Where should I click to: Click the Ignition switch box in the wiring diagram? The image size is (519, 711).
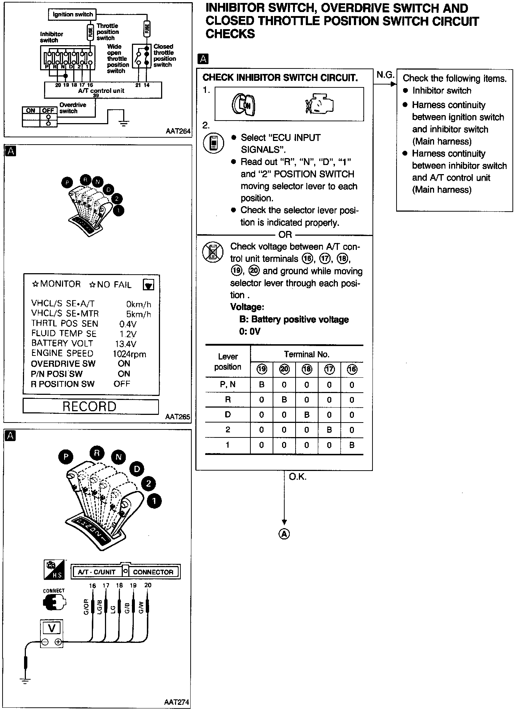[x=73, y=15]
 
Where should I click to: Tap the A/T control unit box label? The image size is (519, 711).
[x=101, y=91]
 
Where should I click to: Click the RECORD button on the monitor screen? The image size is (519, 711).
[x=90, y=406]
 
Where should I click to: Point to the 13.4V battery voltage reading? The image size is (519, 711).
[x=125, y=344]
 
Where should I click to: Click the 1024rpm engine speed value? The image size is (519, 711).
[x=129, y=354]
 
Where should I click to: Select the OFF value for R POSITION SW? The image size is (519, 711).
[x=122, y=384]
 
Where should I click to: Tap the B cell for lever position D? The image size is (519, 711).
[x=307, y=415]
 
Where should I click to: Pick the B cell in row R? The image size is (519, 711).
[x=284, y=400]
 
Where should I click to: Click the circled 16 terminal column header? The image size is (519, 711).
[x=352, y=370]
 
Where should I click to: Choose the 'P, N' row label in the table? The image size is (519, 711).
[x=228, y=385]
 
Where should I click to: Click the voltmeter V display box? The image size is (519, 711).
[x=51, y=628]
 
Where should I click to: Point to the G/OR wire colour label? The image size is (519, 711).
[x=86, y=607]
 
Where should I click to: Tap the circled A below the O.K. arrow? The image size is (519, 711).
[x=284, y=534]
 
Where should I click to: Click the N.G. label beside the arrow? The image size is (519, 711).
[x=385, y=75]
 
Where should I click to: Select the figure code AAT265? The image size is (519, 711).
[x=177, y=417]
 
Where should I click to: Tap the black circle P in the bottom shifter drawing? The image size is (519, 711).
[x=66, y=457]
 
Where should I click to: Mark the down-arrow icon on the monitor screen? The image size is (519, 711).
[x=148, y=285]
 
